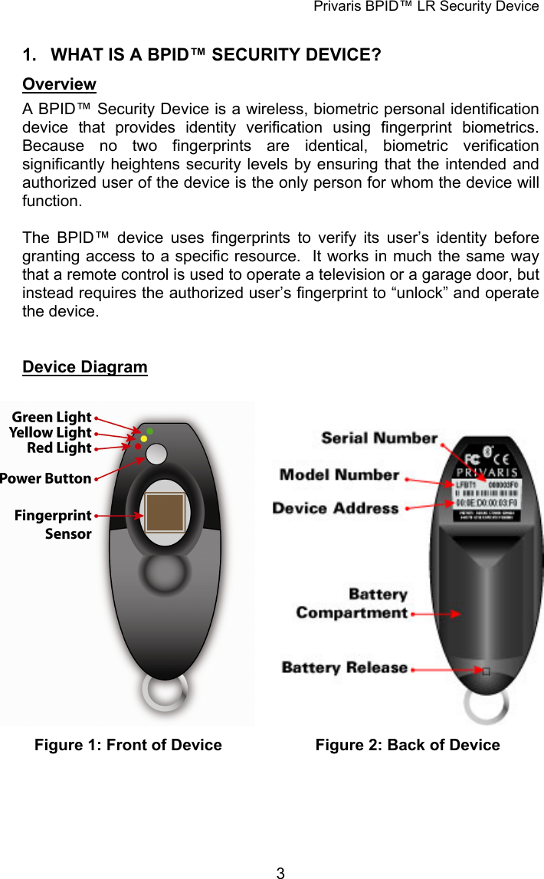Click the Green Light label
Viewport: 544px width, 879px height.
(x=51, y=418)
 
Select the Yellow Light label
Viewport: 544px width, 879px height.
(x=50, y=433)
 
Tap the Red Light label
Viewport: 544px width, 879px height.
(x=59, y=448)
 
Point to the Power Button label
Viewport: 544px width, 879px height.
(x=46, y=479)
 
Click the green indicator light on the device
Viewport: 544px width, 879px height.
(x=150, y=431)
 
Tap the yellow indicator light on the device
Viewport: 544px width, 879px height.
(x=144, y=438)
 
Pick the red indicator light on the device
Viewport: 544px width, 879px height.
(x=139, y=446)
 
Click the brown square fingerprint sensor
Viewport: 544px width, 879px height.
(x=165, y=513)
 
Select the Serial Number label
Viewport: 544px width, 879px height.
(x=379, y=438)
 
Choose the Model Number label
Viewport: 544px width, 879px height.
(x=339, y=475)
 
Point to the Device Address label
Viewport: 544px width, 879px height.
(x=336, y=508)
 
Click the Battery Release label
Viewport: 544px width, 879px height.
(x=345, y=667)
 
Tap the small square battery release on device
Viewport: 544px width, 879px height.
(x=485, y=671)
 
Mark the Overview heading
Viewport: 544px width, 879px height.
(x=59, y=84)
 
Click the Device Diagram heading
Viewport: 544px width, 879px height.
(x=85, y=367)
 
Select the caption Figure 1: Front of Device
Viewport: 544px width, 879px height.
(x=128, y=745)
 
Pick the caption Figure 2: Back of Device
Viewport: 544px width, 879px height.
(x=408, y=745)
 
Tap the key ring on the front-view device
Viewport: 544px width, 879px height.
(x=165, y=691)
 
